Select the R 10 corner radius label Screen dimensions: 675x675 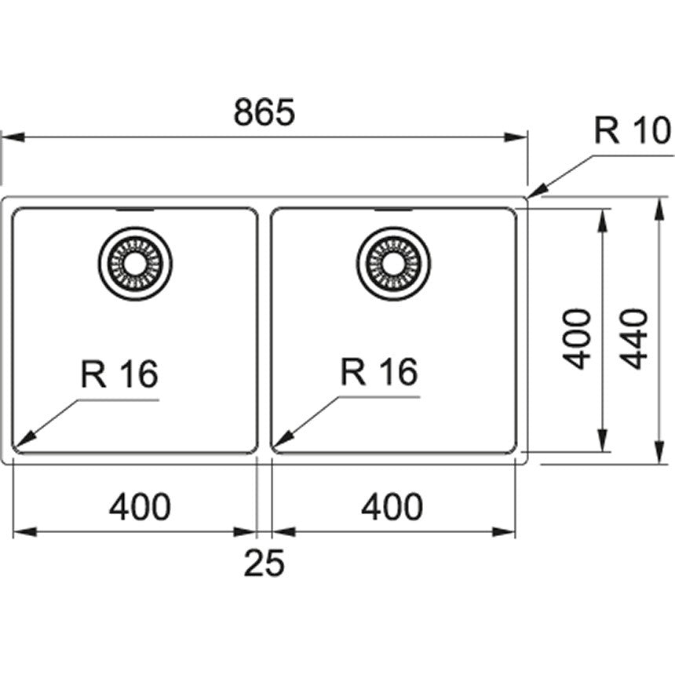click(631, 130)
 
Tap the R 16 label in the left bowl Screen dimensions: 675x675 click(119, 374)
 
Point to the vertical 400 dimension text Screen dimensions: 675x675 click(578, 338)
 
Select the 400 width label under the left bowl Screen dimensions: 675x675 click(139, 507)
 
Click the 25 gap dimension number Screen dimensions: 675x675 click(263, 563)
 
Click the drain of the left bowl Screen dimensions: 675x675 click(135, 263)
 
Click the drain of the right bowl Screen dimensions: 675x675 click(392, 263)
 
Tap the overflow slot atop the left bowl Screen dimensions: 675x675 click(135, 210)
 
